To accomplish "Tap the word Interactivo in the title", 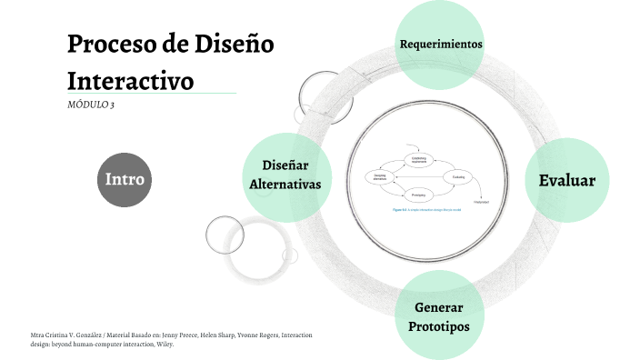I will pos(131,80).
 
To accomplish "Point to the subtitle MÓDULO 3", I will pos(91,105).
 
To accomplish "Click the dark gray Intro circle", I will pos(125,179).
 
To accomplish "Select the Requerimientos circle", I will pos(441,44).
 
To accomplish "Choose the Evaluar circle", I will pos(566,180).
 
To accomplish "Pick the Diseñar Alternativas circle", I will pos(285,175).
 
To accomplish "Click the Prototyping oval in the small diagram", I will pos(419,195).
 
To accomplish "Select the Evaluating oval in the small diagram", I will pos(458,176).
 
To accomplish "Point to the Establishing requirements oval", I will pos(419,159).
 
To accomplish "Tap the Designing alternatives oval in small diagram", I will pos(380,176).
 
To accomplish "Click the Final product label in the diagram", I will pos(481,201).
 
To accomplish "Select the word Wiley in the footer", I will pos(162,345).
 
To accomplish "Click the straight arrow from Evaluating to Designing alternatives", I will pos(419,176).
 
